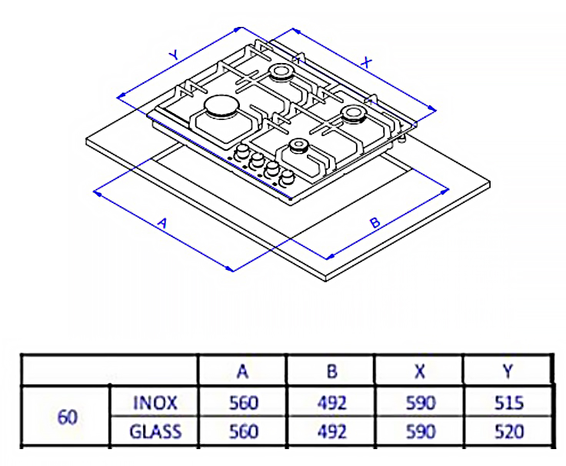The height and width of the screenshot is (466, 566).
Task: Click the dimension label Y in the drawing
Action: click(x=175, y=55)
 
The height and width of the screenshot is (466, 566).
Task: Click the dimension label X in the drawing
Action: click(x=367, y=64)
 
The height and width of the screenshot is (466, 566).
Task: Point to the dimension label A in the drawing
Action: click(x=162, y=223)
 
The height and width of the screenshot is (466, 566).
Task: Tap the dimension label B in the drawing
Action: click(x=375, y=223)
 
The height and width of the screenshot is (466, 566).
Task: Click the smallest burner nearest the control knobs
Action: click(x=298, y=146)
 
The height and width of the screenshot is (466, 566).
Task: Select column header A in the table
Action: click(x=243, y=371)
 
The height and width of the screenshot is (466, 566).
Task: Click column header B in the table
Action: click(x=331, y=371)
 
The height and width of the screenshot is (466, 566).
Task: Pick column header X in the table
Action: click(x=419, y=371)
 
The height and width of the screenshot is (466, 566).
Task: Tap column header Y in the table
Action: click(x=508, y=371)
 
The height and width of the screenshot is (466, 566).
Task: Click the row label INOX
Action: click(x=155, y=402)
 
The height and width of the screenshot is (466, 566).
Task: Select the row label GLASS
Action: click(x=155, y=431)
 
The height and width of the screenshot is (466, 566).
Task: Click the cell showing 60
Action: click(x=67, y=417)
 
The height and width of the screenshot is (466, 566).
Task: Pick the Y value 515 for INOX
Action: click(x=508, y=402)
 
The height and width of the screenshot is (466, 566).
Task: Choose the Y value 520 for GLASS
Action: click(x=508, y=431)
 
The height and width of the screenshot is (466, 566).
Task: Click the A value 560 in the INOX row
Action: click(x=243, y=402)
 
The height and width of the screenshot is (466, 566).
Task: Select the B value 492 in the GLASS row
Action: click(x=331, y=431)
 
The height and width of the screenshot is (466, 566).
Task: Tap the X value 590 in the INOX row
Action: click(x=419, y=402)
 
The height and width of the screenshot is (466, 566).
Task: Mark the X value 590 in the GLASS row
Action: click(x=419, y=431)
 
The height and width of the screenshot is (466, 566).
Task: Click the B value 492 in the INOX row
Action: click(x=331, y=402)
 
